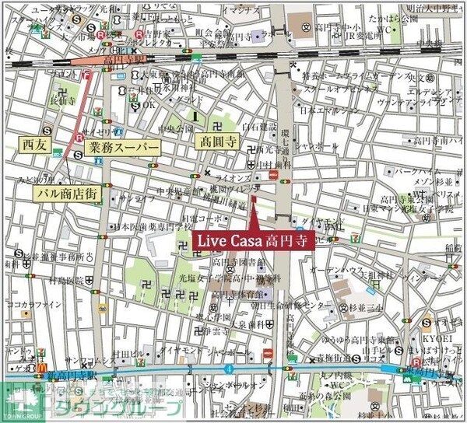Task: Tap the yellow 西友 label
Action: pos(35,145)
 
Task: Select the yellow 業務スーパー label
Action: pos(124,148)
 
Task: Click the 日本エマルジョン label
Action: pos(324,110)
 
